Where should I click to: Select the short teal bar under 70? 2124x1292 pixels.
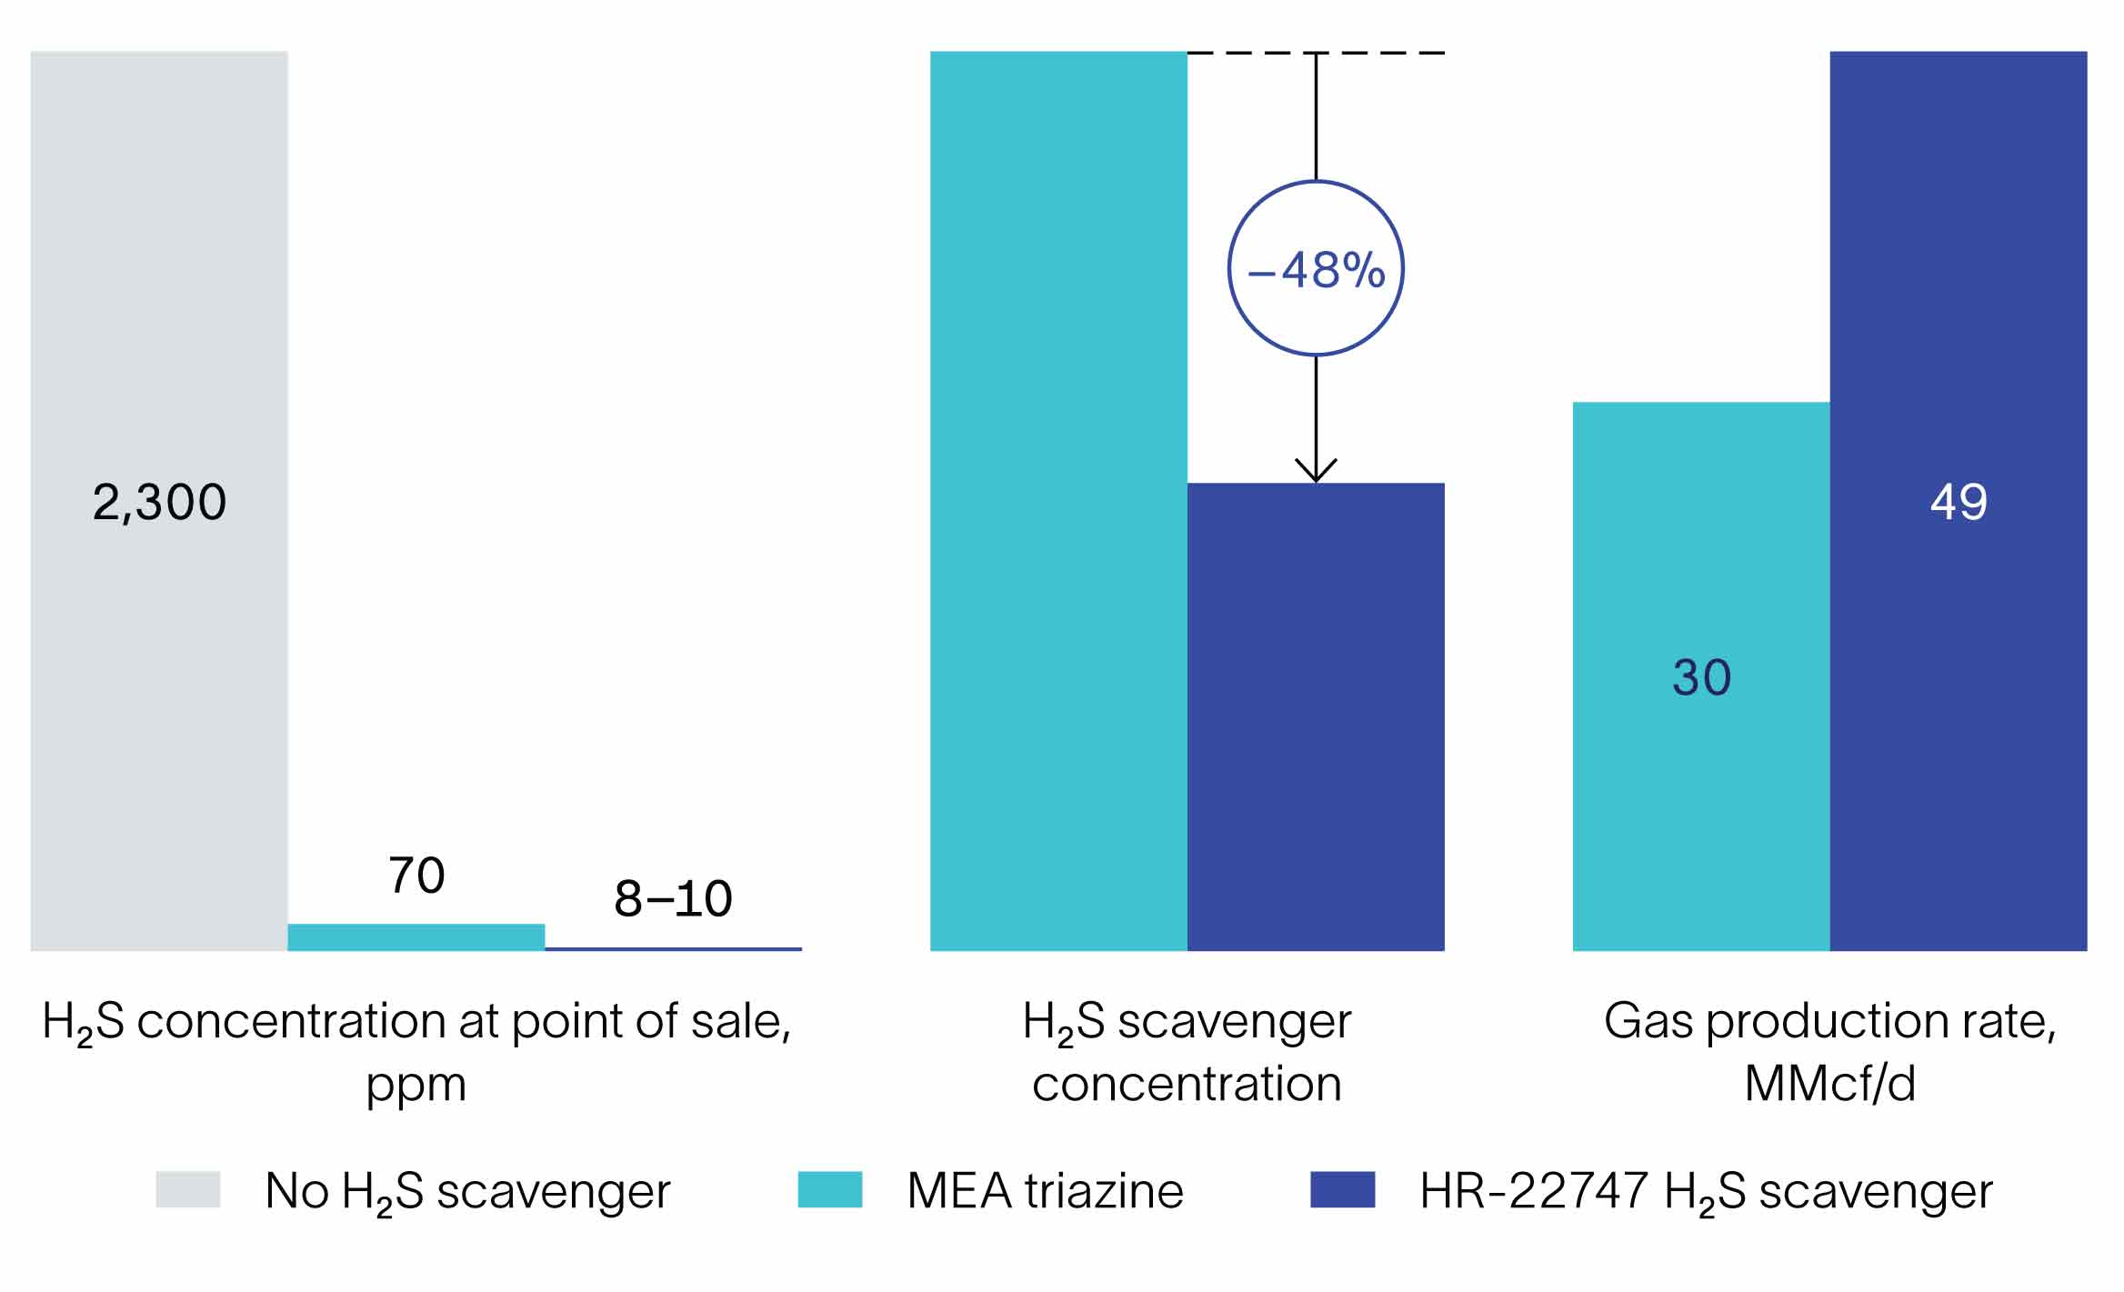[416, 937]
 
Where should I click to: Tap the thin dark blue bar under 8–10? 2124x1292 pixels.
[673, 949]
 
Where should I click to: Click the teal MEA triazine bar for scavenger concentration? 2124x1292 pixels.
[1058, 500]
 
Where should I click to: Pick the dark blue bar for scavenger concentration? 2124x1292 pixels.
[1316, 718]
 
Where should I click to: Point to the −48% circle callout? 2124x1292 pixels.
[1316, 268]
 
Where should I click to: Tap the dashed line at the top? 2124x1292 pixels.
[1382, 53]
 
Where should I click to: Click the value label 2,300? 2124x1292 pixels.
[159, 502]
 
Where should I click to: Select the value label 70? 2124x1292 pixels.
[416, 876]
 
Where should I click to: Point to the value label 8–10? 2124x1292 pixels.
[673, 899]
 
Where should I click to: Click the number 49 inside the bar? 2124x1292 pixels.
[1959, 502]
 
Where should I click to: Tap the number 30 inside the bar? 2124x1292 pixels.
[1701, 677]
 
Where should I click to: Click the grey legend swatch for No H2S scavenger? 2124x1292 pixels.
[188, 1189]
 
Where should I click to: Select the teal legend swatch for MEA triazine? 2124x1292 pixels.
[830, 1189]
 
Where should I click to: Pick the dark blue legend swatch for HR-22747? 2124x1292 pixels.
[1342, 1189]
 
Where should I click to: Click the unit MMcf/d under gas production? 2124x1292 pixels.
[1829, 1084]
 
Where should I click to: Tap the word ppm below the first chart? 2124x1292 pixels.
[416, 1086]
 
